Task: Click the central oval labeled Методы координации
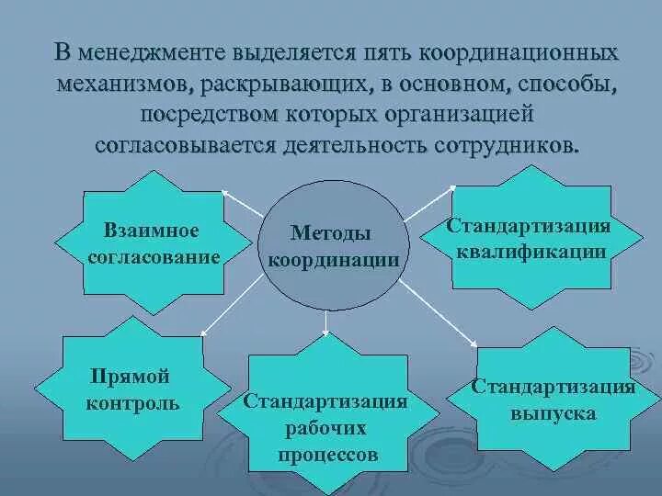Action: (x=333, y=245)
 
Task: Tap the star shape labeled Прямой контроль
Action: (x=132, y=389)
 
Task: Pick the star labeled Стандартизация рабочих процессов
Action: (x=325, y=414)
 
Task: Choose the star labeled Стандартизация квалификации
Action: (x=528, y=239)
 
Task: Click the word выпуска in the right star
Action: (x=553, y=414)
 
